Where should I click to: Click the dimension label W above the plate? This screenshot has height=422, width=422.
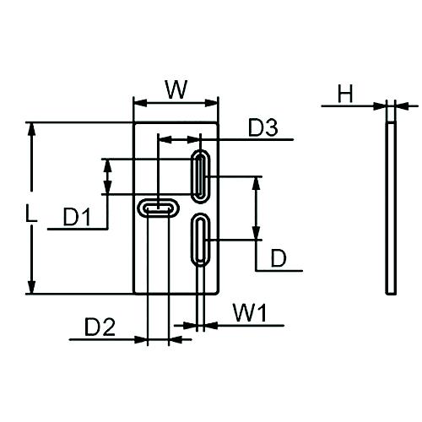[x=176, y=89]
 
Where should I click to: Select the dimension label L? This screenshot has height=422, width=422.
[x=30, y=216]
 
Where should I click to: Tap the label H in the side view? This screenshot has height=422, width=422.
[x=344, y=94]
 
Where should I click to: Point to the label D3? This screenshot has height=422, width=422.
[x=262, y=128]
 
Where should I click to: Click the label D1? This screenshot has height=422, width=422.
[x=77, y=218]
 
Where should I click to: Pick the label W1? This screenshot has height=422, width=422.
[x=250, y=314]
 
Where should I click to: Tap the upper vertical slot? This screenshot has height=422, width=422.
[x=201, y=177]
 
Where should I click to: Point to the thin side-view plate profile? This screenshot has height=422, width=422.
[x=390, y=208]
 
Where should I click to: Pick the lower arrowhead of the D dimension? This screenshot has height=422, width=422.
[x=256, y=235]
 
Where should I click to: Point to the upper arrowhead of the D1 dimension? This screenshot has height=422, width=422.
[x=106, y=164]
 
